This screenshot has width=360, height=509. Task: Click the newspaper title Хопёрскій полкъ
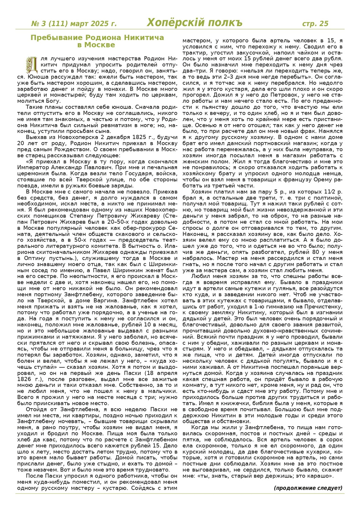point(194,23)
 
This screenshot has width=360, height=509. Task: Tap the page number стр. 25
point(315,23)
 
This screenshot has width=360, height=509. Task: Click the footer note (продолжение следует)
point(308,488)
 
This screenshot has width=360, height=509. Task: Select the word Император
point(38,168)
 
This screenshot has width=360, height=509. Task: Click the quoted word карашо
point(321,476)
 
